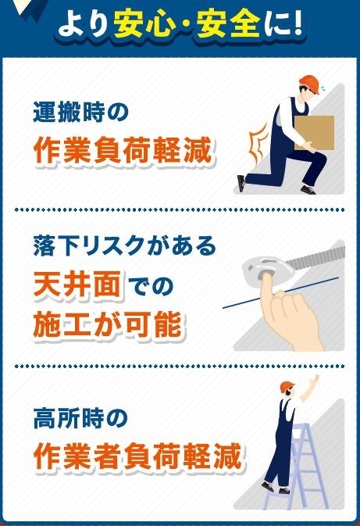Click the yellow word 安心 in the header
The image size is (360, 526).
pyautogui.click(x=143, y=23)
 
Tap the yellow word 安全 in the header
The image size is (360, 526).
pyautogui.click(x=228, y=23)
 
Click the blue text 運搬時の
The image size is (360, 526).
pyautogui.click(x=80, y=112)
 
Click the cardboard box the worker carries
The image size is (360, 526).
pyautogui.click(x=314, y=133)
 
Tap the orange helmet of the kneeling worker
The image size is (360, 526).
pyautogui.click(x=310, y=84)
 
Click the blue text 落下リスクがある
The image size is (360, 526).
pyautogui.click(x=125, y=246)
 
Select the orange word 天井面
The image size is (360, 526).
pyautogui.click(x=77, y=284)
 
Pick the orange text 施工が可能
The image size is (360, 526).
pyautogui.click(x=107, y=324)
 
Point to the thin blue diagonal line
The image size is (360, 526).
pyautogui.click(x=280, y=292)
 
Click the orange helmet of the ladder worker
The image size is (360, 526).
pyautogui.click(x=287, y=386)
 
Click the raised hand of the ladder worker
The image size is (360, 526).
pyautogui.click(x=315, y=381)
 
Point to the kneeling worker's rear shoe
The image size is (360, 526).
pyautogui.click(x=241, y=183)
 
